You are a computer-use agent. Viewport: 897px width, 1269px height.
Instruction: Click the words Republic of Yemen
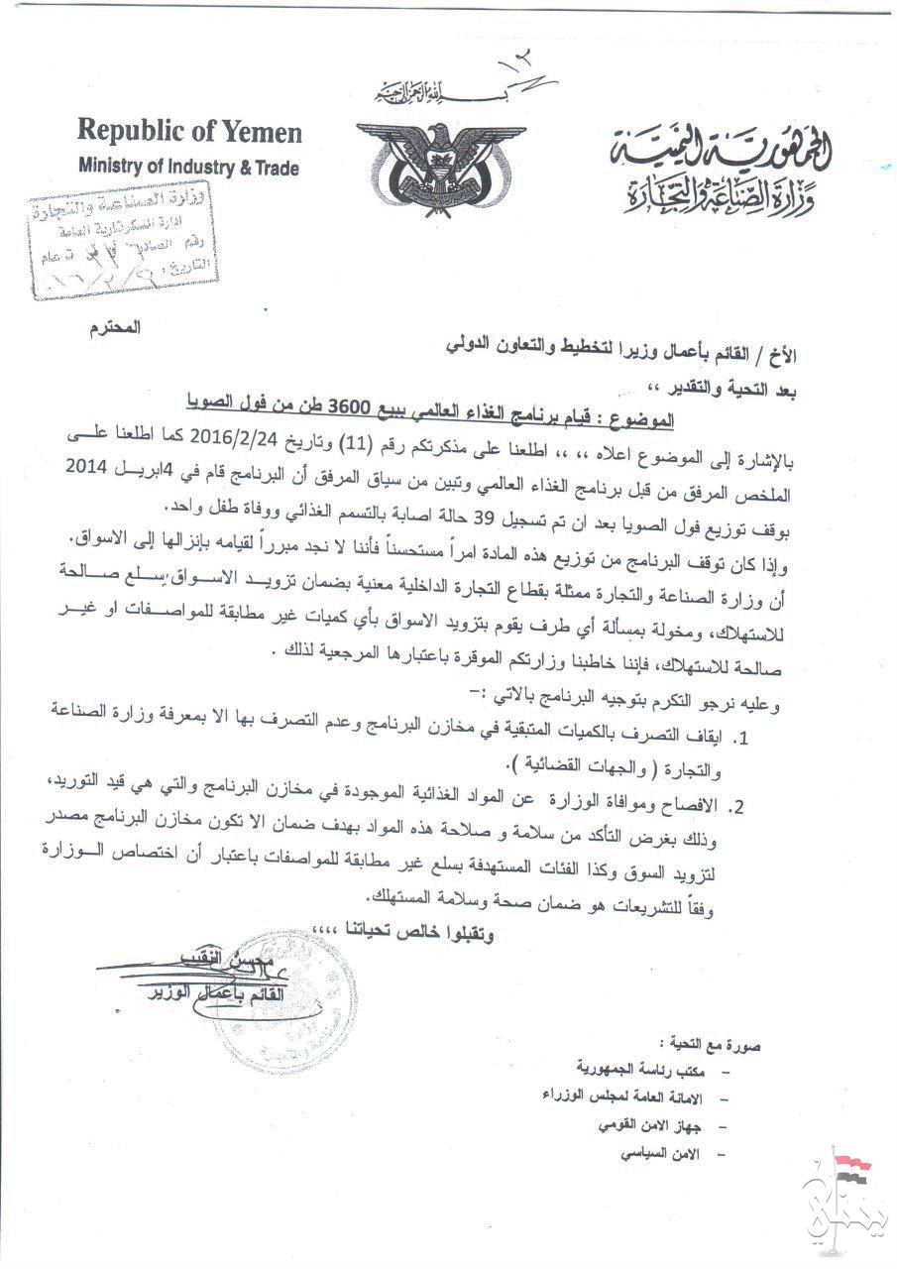pyautogui.click(x=189, y=132)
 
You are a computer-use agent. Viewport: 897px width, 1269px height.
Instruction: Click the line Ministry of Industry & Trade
pyautogui.click(x=187, y=168)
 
